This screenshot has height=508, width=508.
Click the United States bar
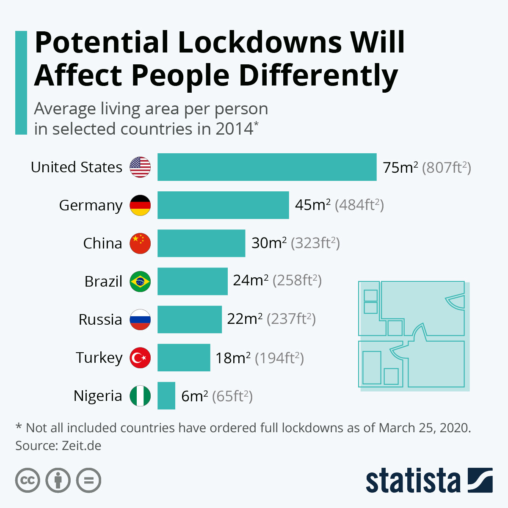(267, 167)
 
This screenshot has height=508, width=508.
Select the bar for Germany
(223, 205)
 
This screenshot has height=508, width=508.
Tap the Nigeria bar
(166, 396)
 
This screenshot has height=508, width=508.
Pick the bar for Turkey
(184, 358)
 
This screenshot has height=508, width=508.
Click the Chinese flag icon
(140, 243)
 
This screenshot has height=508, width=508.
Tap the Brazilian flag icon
(140, 282)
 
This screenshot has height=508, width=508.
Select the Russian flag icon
(140, 320)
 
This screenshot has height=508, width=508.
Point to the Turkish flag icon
(140, 358)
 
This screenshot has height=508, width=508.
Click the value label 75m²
(400, 168)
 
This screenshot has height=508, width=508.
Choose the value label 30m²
(269, 243)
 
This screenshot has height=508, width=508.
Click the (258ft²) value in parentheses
(297, 281)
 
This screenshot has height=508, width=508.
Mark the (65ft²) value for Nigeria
(232, 396)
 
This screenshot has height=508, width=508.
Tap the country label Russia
(100, 320)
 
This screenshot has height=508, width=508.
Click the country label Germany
(91, 205)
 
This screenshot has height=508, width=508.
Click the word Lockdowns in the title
(260, 42)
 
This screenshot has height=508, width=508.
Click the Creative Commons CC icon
(28, 480)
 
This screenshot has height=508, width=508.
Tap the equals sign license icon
(89, 480)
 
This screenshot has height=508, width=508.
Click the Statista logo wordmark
(413, 480)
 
